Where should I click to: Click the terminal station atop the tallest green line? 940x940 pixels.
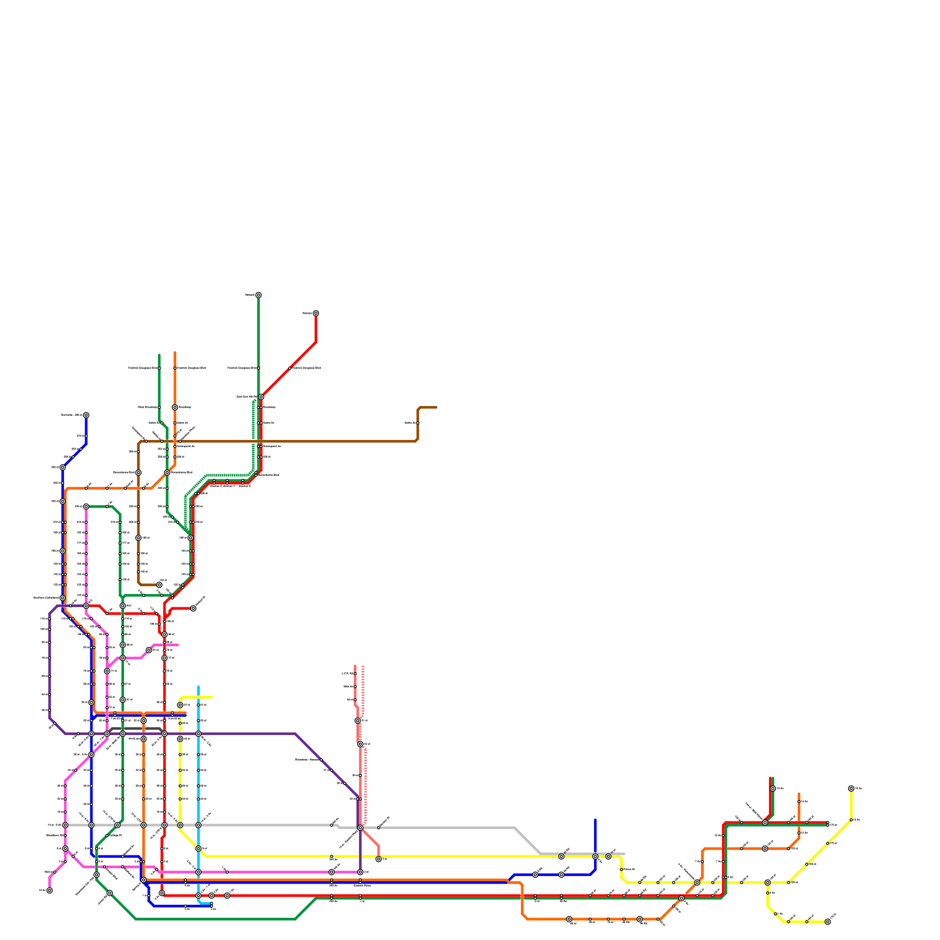pos(258,295)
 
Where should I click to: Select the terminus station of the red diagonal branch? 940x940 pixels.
pos(316,313)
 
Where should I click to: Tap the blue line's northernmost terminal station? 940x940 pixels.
pos(86,415)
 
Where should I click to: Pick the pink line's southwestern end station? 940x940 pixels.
pos(49,890)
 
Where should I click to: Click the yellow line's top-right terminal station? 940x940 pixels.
pos(851,788)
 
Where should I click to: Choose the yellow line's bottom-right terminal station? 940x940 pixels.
pos(828,922)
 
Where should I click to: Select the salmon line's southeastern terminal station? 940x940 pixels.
pos(378,859)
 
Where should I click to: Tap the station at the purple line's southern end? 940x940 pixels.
pos(360,872)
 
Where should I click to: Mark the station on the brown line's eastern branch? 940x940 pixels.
pos(417,422)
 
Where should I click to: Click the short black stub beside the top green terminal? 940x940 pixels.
pos(250,295)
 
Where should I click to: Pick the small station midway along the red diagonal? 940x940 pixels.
pos(290,368)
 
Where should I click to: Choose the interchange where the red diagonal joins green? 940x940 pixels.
pos(261,397)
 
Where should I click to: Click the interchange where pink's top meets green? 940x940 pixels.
pos(86,506)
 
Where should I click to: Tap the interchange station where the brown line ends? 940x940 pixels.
pos(159,585)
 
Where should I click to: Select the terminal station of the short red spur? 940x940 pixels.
pos(193,608)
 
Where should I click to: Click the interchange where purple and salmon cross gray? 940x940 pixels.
pos(360,827)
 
